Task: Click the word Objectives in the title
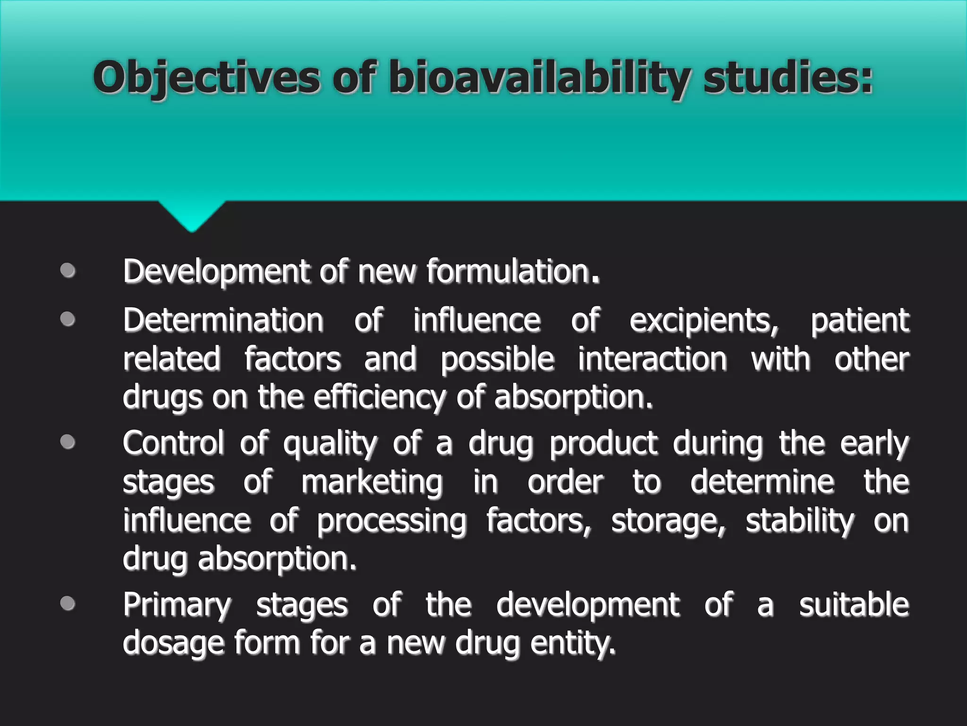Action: pyautogui.click(x=207, y=78)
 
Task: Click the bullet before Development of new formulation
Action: pyautogui.click(x=68, y=271)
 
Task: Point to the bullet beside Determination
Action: pyautogui.click(x=68, y=320)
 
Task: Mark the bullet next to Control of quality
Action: pyautogui.click(x=68, y=442)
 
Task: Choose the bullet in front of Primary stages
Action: pyautogui.click(x=68, y=604)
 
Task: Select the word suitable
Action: pyautogui.click(x=854, y=605)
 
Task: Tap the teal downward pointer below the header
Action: pyautogui.click(x=192, y=215)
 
